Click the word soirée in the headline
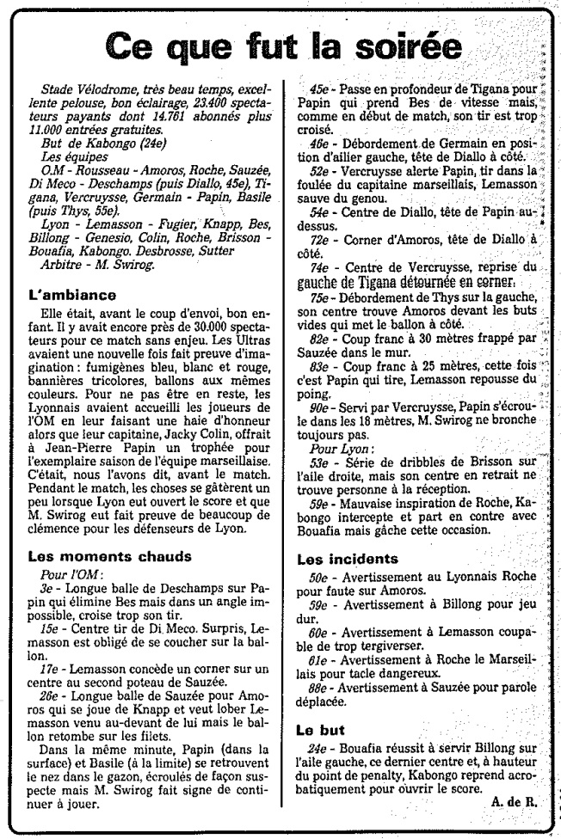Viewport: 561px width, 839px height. [x=398, y=46]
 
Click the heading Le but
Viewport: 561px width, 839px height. [x=322, y=730]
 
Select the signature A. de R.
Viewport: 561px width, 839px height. [x=515, y=801]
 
